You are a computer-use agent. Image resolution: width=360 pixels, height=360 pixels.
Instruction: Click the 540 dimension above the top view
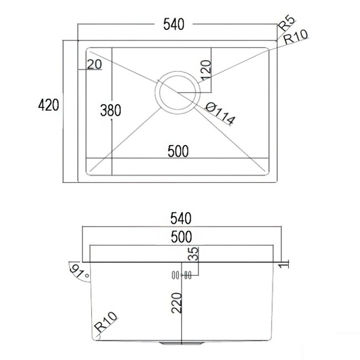coord(173,24)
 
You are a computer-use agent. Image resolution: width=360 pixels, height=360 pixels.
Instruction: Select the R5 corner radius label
coord(286,24)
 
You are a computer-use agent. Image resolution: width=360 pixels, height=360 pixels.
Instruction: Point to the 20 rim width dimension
coord(95,64)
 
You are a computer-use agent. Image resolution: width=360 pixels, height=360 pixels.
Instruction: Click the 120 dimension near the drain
coord(205,70)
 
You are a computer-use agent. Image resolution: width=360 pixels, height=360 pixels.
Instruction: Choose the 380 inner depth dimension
coord(110,110)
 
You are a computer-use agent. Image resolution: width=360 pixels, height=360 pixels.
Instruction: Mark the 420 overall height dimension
coord(48,105)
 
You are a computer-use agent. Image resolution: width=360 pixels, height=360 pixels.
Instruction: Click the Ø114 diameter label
coord(220,113)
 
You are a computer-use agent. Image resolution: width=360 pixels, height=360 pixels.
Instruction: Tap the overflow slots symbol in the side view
coord(181,275)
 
